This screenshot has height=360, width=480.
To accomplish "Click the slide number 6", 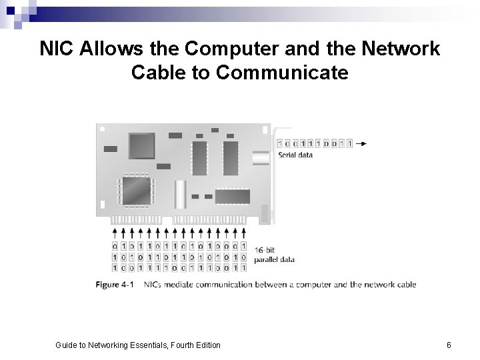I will [x=449, y=345].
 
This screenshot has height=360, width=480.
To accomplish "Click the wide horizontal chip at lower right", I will [x=233, y=196].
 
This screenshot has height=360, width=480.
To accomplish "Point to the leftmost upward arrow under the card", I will [x=115, y=233].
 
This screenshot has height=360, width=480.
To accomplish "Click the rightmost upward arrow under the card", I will [x=243, y=233].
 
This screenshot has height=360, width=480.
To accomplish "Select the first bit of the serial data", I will [x=279, y=143].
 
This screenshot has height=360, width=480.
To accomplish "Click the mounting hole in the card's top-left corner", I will [x=101, y=129].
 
